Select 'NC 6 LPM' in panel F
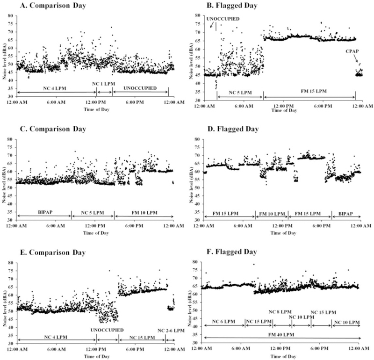pyautogui.click(x=223, y=322)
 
